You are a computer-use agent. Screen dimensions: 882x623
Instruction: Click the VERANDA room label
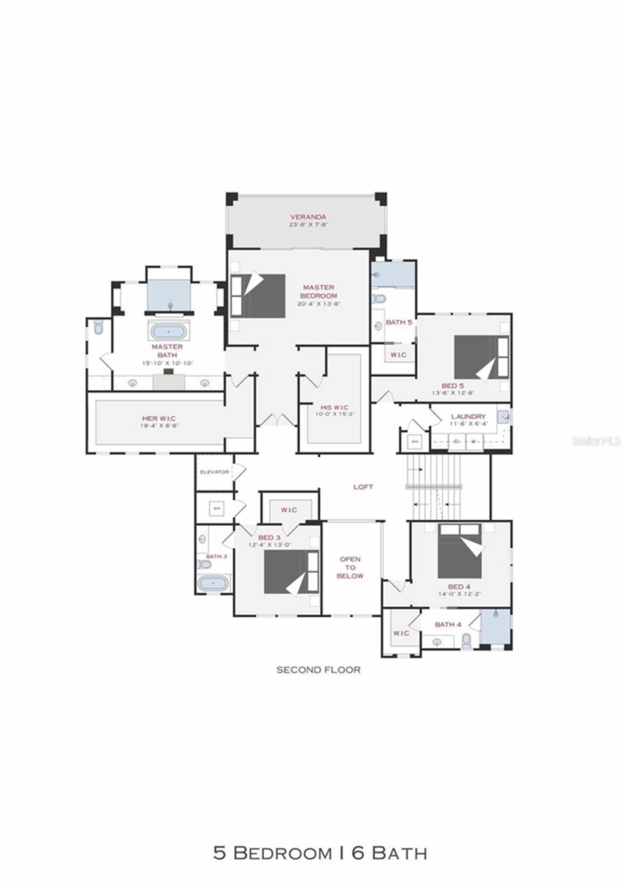[x=308, y=217]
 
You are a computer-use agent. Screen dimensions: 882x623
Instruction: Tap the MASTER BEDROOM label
[x=318, y=292]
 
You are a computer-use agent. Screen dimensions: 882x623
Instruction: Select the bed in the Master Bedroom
[x=258, y=296]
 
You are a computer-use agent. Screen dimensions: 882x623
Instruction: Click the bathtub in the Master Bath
[x=168, y=331]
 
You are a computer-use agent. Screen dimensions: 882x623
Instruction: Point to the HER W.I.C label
[x=159, y=418]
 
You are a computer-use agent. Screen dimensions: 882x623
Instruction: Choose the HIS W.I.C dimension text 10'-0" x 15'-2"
[x=334, y=415]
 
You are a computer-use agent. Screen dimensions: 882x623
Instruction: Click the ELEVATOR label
[x=214, y=472]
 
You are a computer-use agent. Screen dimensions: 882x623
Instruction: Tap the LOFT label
[x=363, y=487]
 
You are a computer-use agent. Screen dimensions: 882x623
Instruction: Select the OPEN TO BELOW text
[x=350, y=568]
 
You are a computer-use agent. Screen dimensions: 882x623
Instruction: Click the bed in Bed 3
[x=291, y=572]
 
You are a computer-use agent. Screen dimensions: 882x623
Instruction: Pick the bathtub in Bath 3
[x=213, y=583]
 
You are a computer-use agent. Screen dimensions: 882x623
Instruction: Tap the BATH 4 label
[x=448, y=625]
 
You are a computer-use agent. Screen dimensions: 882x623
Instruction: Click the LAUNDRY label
[x=468, y=417]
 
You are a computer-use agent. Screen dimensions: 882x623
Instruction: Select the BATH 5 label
[x=399, y=322]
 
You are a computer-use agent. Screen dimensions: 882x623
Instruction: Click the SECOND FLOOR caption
[x=318, y=670]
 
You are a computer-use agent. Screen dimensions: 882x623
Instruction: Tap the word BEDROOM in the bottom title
[x=281, y=853]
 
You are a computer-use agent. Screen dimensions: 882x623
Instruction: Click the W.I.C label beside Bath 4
[x=401, y=633]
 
